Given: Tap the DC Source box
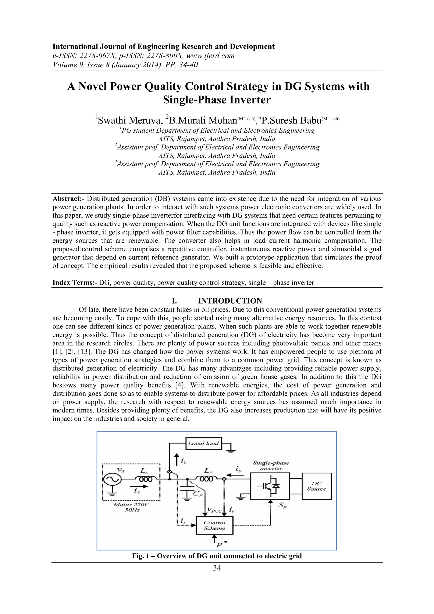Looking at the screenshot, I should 317,486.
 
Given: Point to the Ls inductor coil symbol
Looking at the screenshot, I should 145,479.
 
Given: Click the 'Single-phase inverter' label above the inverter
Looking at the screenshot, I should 271,466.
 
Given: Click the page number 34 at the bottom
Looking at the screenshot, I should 217,568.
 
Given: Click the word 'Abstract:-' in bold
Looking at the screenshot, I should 69,199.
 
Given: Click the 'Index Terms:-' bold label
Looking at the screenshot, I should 75,282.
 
